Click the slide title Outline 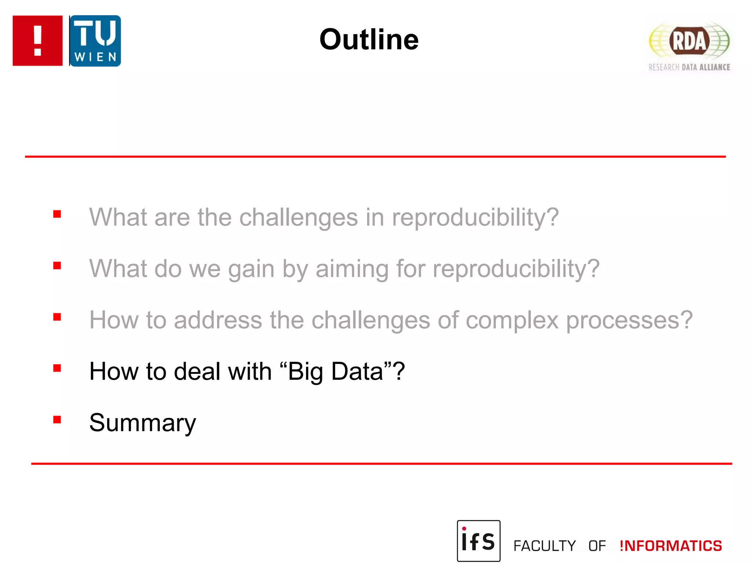(x=369, y=39)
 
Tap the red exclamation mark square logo (x=37, y=40)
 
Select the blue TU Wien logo (x=95, y=41)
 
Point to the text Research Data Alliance (x=689, y=67)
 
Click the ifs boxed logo (x=478, y=540)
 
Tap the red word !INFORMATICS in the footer (x=670, y=546)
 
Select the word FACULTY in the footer (x=544, y=546)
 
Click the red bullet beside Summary (x=57, y=419)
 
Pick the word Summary (x=143, y=423)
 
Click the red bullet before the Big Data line (x=57, y=368)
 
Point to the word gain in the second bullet (x=251, y=269)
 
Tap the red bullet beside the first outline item (x=57, y=214)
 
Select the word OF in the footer (x=597, y=546)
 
